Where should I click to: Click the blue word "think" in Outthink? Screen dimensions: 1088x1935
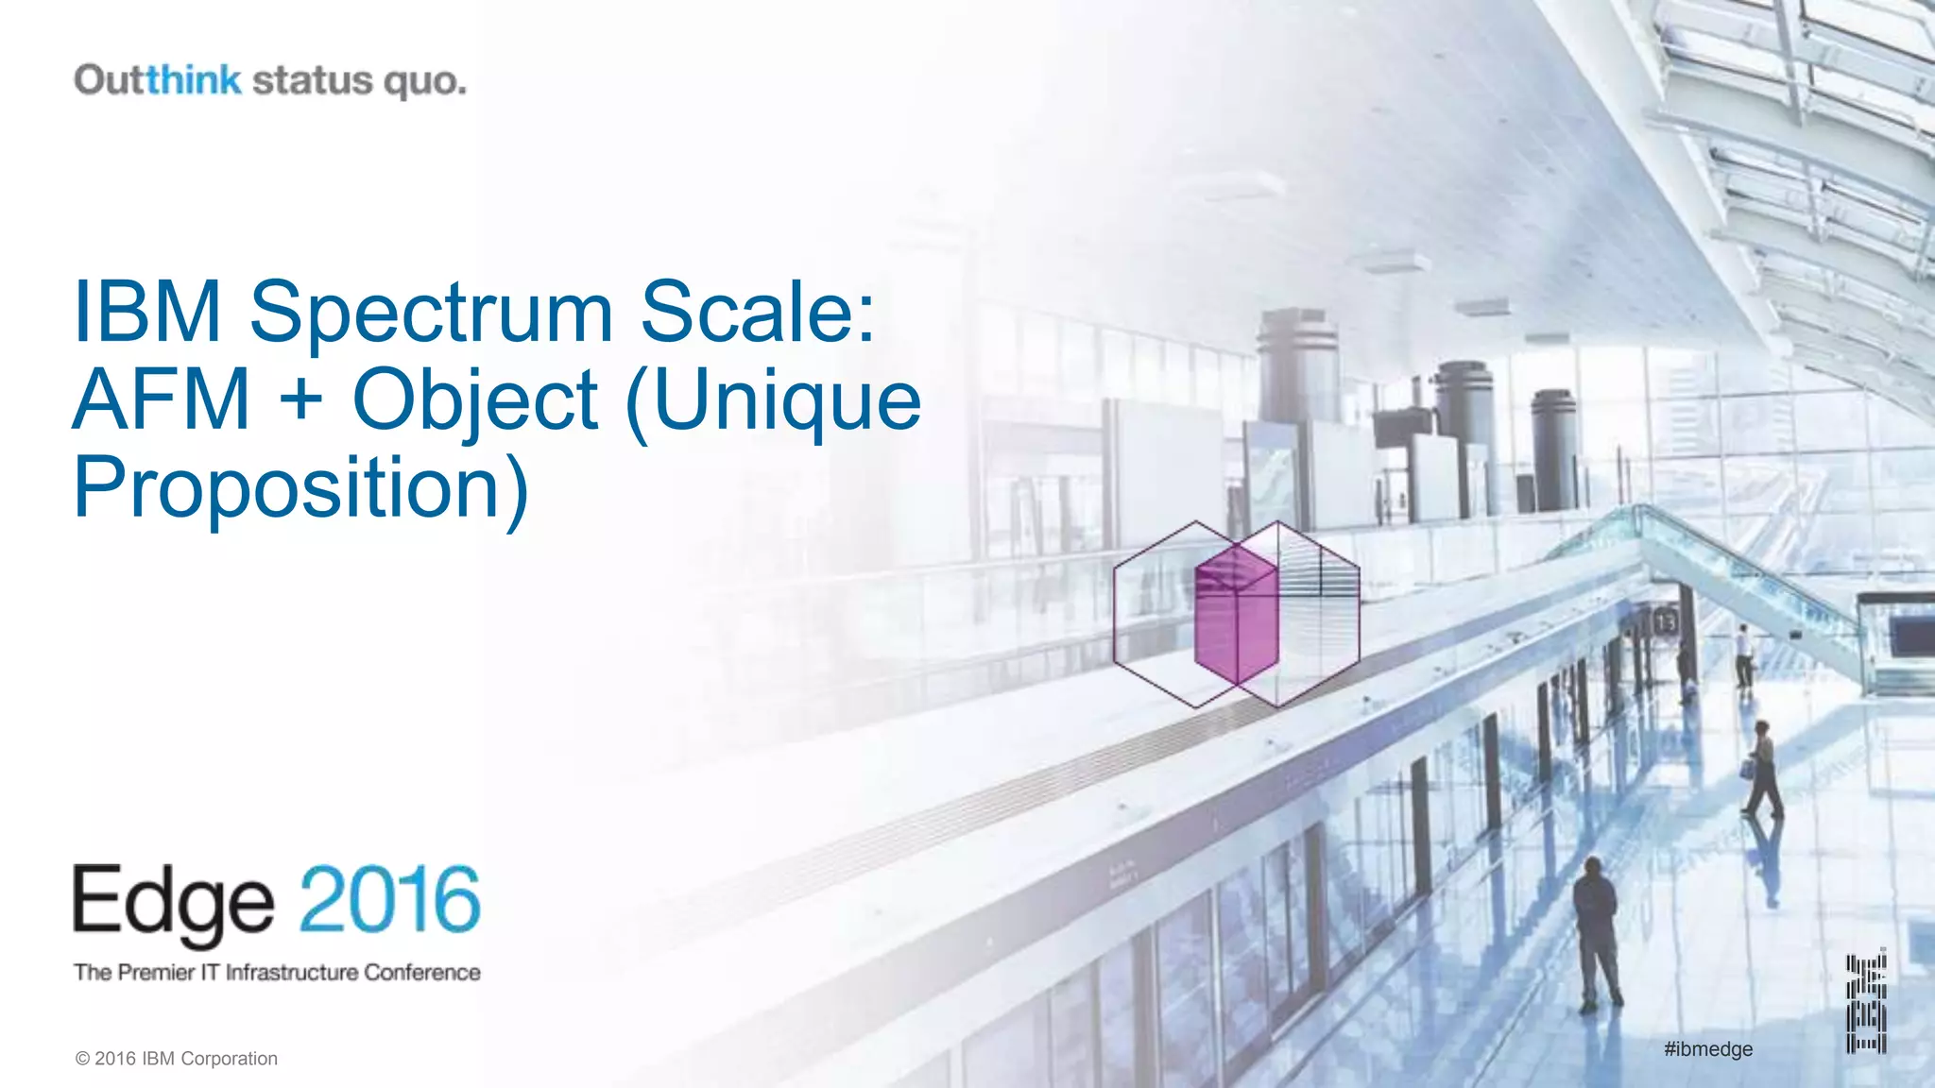(x=194, y=79)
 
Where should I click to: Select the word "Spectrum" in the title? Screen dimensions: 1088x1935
(x=431, y=312)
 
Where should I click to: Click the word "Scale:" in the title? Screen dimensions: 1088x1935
(x=758, y=312)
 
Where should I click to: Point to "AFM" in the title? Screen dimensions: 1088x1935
(x=162, y=399)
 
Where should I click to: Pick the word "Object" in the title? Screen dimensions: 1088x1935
(x=475, y=401)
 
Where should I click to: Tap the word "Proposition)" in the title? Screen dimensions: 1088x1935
(x=300, y=488)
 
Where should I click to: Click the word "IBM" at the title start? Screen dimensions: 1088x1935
(x=147, y=312)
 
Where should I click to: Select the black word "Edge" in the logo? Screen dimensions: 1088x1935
(x=174, y=902)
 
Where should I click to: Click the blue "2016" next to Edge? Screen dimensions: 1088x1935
(x=390, y=900)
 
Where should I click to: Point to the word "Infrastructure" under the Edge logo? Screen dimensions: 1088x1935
(x=292, y=972)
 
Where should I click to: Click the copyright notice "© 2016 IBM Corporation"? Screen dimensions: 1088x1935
(x=177, y=1059)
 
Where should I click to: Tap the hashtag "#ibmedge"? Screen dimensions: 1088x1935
(x=1708, y=1049)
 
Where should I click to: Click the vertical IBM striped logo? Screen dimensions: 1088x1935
(x=1866, y=1003)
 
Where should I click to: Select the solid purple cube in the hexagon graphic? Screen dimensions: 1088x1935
(x=1236, y=616)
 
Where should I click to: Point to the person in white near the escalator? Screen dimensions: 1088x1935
(x=1743, y=654)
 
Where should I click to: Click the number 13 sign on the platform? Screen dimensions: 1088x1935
(x=1665, y=622)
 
